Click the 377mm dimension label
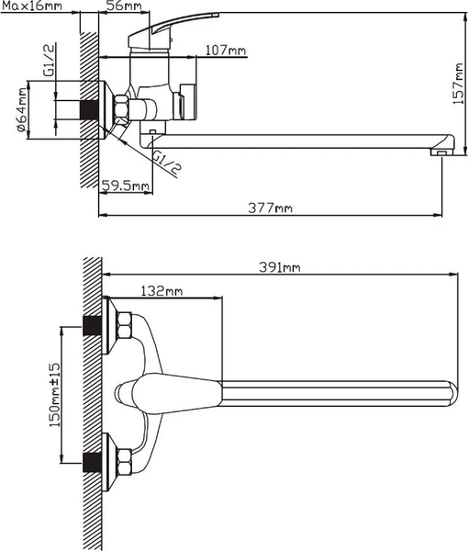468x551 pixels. (272, 208)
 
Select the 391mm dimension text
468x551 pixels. (280, 267)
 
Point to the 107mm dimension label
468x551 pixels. (225, 49)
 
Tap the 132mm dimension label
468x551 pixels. (162, 291)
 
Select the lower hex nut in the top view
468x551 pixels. (125, 456)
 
